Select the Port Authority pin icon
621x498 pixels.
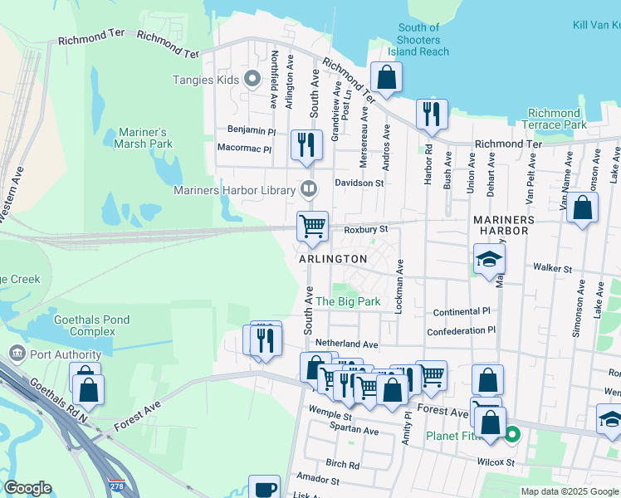point(16,354)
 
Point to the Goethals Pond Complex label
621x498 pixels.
point(85,325)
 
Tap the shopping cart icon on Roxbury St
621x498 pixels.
point(312,225)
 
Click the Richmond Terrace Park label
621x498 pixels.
point(554,119)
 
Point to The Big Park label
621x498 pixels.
point(348,302)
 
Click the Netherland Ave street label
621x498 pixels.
point(346,343)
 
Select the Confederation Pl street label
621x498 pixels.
point(461,331)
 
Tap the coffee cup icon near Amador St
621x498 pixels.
point(266,487)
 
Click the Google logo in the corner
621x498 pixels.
point(27,488)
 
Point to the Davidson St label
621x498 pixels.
point(359,183)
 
